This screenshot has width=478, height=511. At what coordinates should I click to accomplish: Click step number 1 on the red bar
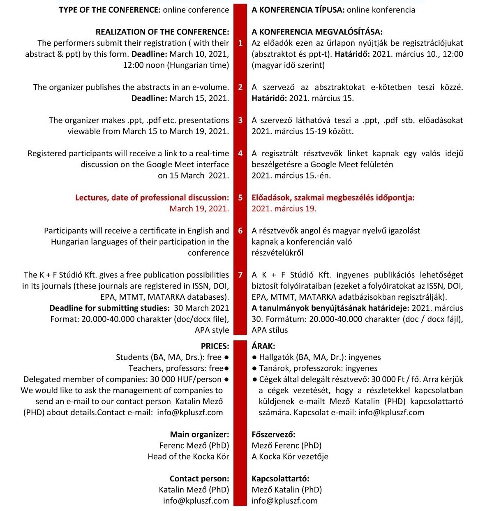click(x=240, y=43)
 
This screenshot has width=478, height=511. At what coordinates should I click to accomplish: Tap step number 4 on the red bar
click(x=240, y=153)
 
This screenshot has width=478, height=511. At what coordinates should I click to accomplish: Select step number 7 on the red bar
click(x=240, y=275)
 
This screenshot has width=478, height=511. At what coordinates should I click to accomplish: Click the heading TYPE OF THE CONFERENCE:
click(x=110, y=10)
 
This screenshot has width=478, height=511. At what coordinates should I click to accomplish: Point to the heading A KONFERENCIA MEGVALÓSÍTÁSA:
click(x=317, y=32)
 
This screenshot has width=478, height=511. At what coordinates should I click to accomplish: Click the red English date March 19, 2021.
click(x=199, y=208)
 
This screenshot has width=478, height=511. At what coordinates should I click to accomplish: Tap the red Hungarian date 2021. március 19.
click(x=284, y=208)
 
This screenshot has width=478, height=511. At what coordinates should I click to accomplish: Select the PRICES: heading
click(x=215, y=346)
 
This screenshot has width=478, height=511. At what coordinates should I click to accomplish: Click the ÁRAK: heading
click(x=263, y=346)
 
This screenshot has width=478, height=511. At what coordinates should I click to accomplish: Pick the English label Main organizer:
click(x=199, y=435)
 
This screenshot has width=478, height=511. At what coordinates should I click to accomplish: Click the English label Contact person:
click(x=199, y=479)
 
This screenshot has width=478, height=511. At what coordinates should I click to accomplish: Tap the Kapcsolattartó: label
click(x=280, y=479)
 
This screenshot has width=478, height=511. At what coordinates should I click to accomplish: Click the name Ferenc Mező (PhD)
click(x=194, y=446)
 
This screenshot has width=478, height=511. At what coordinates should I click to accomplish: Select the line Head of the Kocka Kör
click(x=188, y=457)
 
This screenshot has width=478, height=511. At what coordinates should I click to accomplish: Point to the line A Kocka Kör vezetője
click(x=290, y=457)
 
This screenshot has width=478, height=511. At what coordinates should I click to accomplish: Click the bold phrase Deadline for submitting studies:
click(x=109, y=308)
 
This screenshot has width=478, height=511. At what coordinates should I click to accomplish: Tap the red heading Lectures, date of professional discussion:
click(x=152, y=198)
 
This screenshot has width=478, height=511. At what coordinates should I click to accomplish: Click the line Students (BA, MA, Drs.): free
click(x=169, y=357)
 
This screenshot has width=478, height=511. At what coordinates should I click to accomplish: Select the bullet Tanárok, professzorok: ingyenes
click(x=318, y=368)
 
